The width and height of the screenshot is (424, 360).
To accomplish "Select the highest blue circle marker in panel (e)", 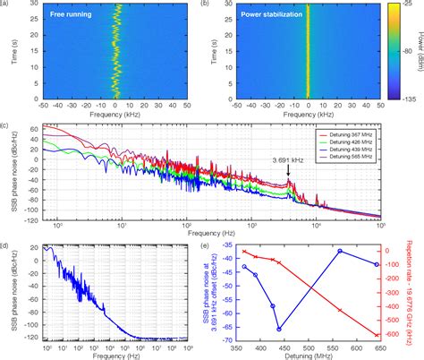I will click(339, 252).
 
